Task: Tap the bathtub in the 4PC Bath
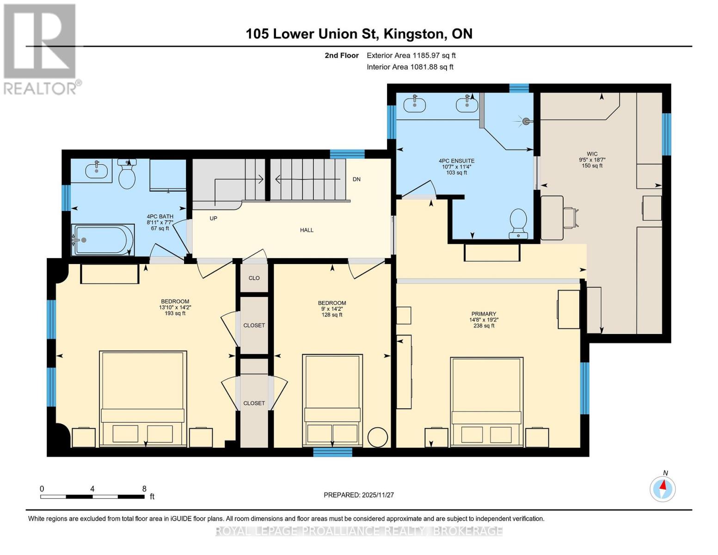click(104, 240)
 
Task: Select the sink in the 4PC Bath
click(97, 170)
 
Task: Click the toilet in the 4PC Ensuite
click(518, 223)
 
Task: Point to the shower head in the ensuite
click(525, 122)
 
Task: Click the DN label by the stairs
click(356, 179)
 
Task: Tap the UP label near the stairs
click(214, 218)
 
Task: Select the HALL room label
click(307, 230)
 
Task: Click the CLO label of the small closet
click(254, 278)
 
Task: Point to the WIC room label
click(592, 154)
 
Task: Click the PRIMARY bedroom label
click(484, 314)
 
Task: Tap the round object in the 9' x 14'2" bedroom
click(377, 438)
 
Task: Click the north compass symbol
click(663, 489)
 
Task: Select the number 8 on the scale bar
click(144, 488)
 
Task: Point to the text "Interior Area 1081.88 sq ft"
click(410, 67)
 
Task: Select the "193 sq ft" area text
click(175, 313)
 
